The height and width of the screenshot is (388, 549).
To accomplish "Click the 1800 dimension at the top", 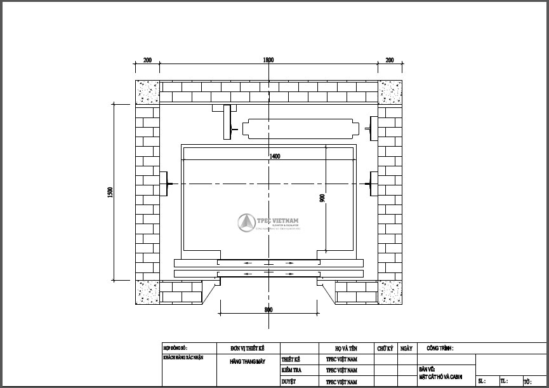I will point(268,60).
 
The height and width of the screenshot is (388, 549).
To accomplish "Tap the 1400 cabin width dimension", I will point(274,156).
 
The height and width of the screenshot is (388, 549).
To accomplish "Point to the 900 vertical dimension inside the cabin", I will point(322,198).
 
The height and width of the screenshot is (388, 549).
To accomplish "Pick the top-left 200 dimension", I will point(147,60).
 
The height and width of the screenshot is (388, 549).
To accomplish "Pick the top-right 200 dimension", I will point(389,60).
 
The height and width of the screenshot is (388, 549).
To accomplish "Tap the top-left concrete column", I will point(147,92).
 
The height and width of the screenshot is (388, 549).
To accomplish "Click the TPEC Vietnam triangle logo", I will point(246,222).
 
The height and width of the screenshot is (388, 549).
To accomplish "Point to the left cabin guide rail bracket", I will point(164,184).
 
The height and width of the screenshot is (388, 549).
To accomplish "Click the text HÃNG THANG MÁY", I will point(248,360).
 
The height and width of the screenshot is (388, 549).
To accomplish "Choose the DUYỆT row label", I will point(288,382).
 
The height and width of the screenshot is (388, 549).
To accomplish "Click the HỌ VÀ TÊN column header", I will point(346,349).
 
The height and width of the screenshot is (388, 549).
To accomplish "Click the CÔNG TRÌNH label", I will point(440,349).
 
